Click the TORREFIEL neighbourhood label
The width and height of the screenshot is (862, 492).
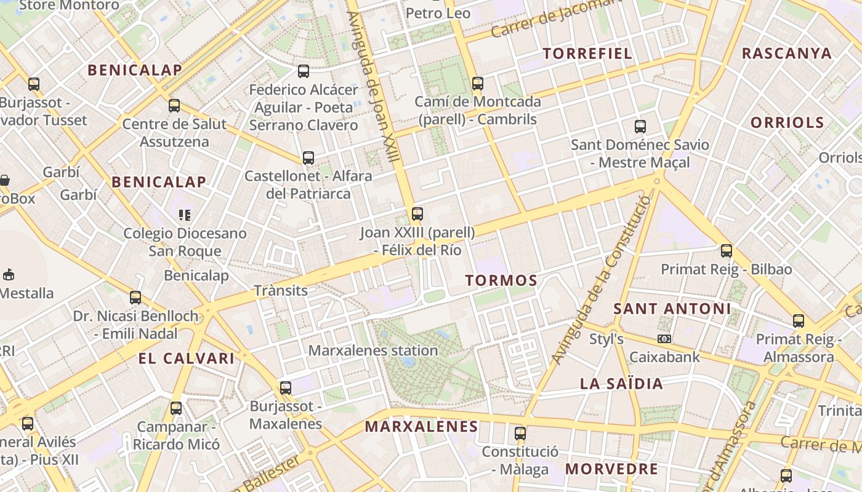tap(587, 54)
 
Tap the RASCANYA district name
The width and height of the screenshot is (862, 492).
tap(786, 54)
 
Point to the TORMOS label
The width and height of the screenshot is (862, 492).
tap(501, 280)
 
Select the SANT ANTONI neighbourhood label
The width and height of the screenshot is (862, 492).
tap(672, 309)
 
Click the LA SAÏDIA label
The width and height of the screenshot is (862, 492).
tap(621, 384)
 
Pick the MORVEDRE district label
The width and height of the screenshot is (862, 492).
tap(611, 469)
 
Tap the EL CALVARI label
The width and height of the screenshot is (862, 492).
tap(186, 359)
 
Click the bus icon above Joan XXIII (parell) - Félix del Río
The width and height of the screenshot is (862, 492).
tap(417, 214)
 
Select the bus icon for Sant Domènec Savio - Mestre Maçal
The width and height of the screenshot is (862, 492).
tap(640, 127)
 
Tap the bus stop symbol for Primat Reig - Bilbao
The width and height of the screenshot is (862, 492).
tap(727, 251)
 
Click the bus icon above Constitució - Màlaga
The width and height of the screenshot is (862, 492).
tap(520, 434)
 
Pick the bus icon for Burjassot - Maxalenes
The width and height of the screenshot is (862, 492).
tap(285, 388)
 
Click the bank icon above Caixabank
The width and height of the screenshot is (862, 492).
tap(664, 339)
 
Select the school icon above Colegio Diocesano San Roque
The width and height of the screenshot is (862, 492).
tap(185, 215)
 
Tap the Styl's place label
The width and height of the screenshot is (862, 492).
tap(606, 339)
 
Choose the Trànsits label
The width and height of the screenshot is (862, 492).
tap(281, 290)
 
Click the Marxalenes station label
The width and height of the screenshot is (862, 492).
tap(373, 351)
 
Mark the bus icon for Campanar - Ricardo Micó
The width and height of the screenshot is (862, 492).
tap(176, 408)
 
